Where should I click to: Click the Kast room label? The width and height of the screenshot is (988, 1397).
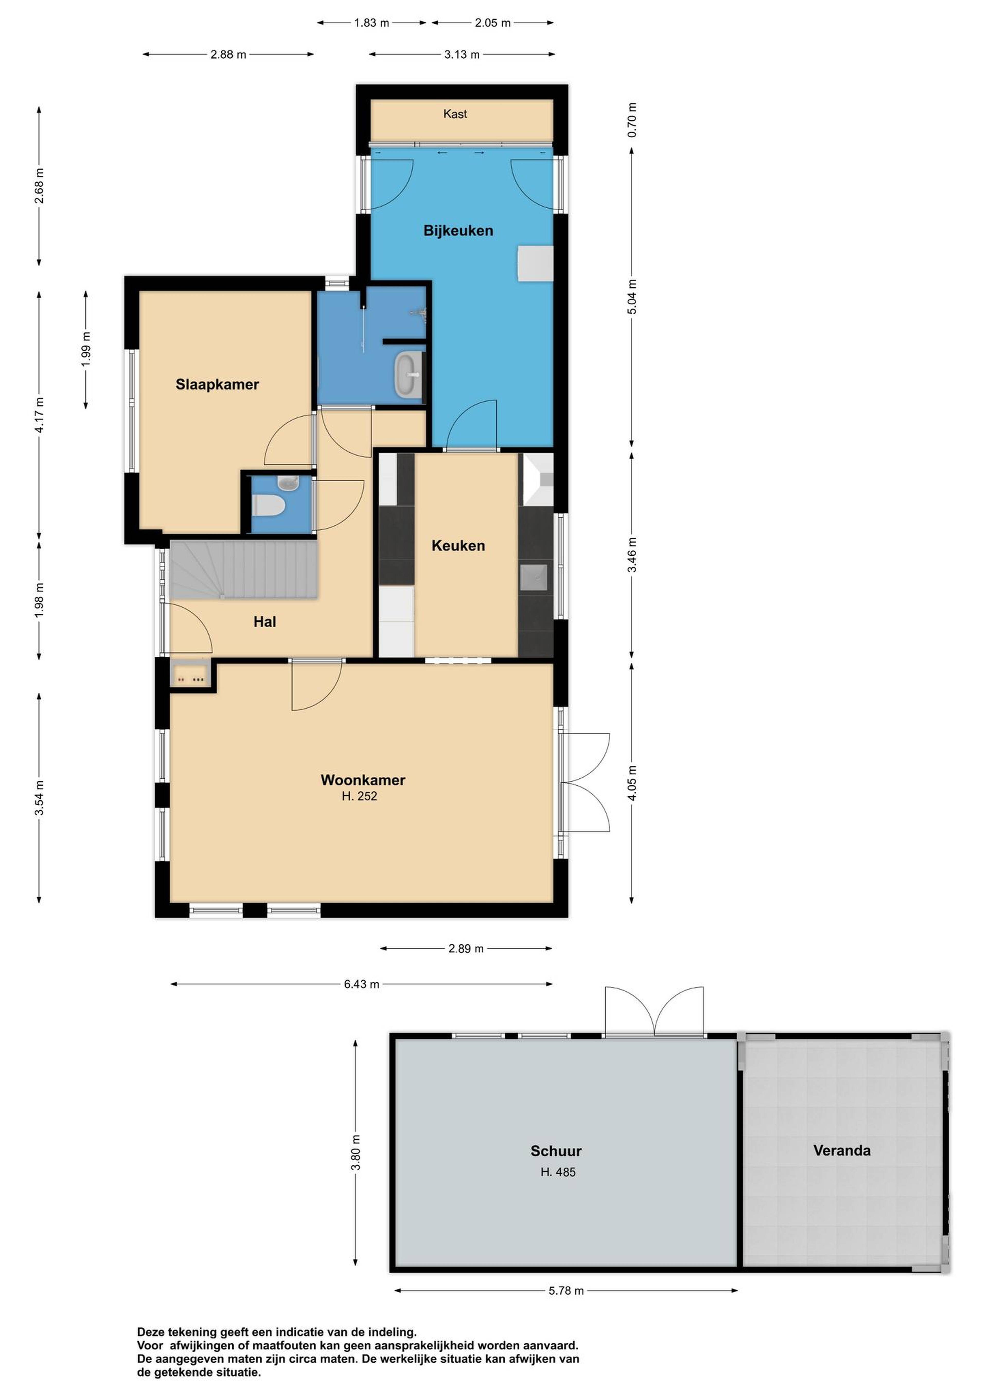[455, 114]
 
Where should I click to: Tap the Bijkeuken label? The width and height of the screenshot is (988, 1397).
[458, 230]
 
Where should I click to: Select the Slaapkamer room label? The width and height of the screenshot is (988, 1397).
[217, 385]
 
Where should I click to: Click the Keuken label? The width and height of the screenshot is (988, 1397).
[458, 546]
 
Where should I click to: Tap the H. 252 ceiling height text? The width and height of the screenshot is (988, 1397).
[359, 796]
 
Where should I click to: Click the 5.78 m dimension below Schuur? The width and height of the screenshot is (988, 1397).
[566, 1291]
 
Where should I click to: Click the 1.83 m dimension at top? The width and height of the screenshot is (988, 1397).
[371, 23]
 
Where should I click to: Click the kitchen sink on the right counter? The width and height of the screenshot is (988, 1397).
[533, 578]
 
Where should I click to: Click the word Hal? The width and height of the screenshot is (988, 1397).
[265, 622]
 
